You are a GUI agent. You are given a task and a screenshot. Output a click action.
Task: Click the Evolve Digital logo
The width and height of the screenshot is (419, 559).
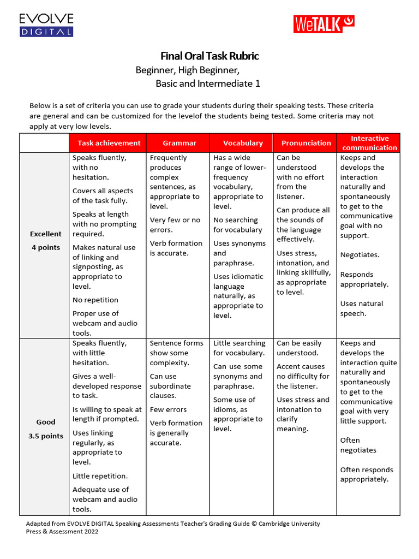46,25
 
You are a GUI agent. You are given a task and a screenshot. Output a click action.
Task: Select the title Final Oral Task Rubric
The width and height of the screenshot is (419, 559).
209,56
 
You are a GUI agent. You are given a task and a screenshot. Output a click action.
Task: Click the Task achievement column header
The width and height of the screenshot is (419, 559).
109,143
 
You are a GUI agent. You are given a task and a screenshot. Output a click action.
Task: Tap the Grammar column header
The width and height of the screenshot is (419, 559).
179,143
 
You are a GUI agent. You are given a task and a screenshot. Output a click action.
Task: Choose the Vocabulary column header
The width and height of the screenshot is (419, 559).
243,143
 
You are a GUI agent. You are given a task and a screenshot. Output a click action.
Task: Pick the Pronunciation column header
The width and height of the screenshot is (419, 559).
306,143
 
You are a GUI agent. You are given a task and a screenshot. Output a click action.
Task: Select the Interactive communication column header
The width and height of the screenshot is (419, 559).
369,143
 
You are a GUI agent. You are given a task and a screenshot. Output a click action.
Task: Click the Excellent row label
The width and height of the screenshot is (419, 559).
46,234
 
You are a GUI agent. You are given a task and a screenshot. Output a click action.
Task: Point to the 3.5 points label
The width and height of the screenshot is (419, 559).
46,436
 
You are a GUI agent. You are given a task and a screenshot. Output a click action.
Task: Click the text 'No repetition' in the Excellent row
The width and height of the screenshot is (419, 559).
95,300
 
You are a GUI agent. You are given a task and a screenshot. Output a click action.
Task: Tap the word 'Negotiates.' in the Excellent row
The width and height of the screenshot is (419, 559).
360,255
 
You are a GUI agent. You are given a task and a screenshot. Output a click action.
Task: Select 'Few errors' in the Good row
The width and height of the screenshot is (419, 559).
168,409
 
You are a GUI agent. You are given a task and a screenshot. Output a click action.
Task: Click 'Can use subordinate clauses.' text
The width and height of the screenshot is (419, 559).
171,386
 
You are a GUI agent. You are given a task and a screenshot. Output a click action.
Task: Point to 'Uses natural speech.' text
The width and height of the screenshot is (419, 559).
361,308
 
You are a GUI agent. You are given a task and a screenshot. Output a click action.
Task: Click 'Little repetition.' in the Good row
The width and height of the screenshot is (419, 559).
100,476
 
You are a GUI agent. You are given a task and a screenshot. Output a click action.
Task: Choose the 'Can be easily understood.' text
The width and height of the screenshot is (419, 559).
299,348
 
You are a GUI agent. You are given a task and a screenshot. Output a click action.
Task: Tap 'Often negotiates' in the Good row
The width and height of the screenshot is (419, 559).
358,445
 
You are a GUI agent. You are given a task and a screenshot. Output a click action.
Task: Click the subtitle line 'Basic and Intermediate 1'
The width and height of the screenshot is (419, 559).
208,84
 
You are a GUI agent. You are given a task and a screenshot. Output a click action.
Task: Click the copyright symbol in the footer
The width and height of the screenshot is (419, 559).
254,524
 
